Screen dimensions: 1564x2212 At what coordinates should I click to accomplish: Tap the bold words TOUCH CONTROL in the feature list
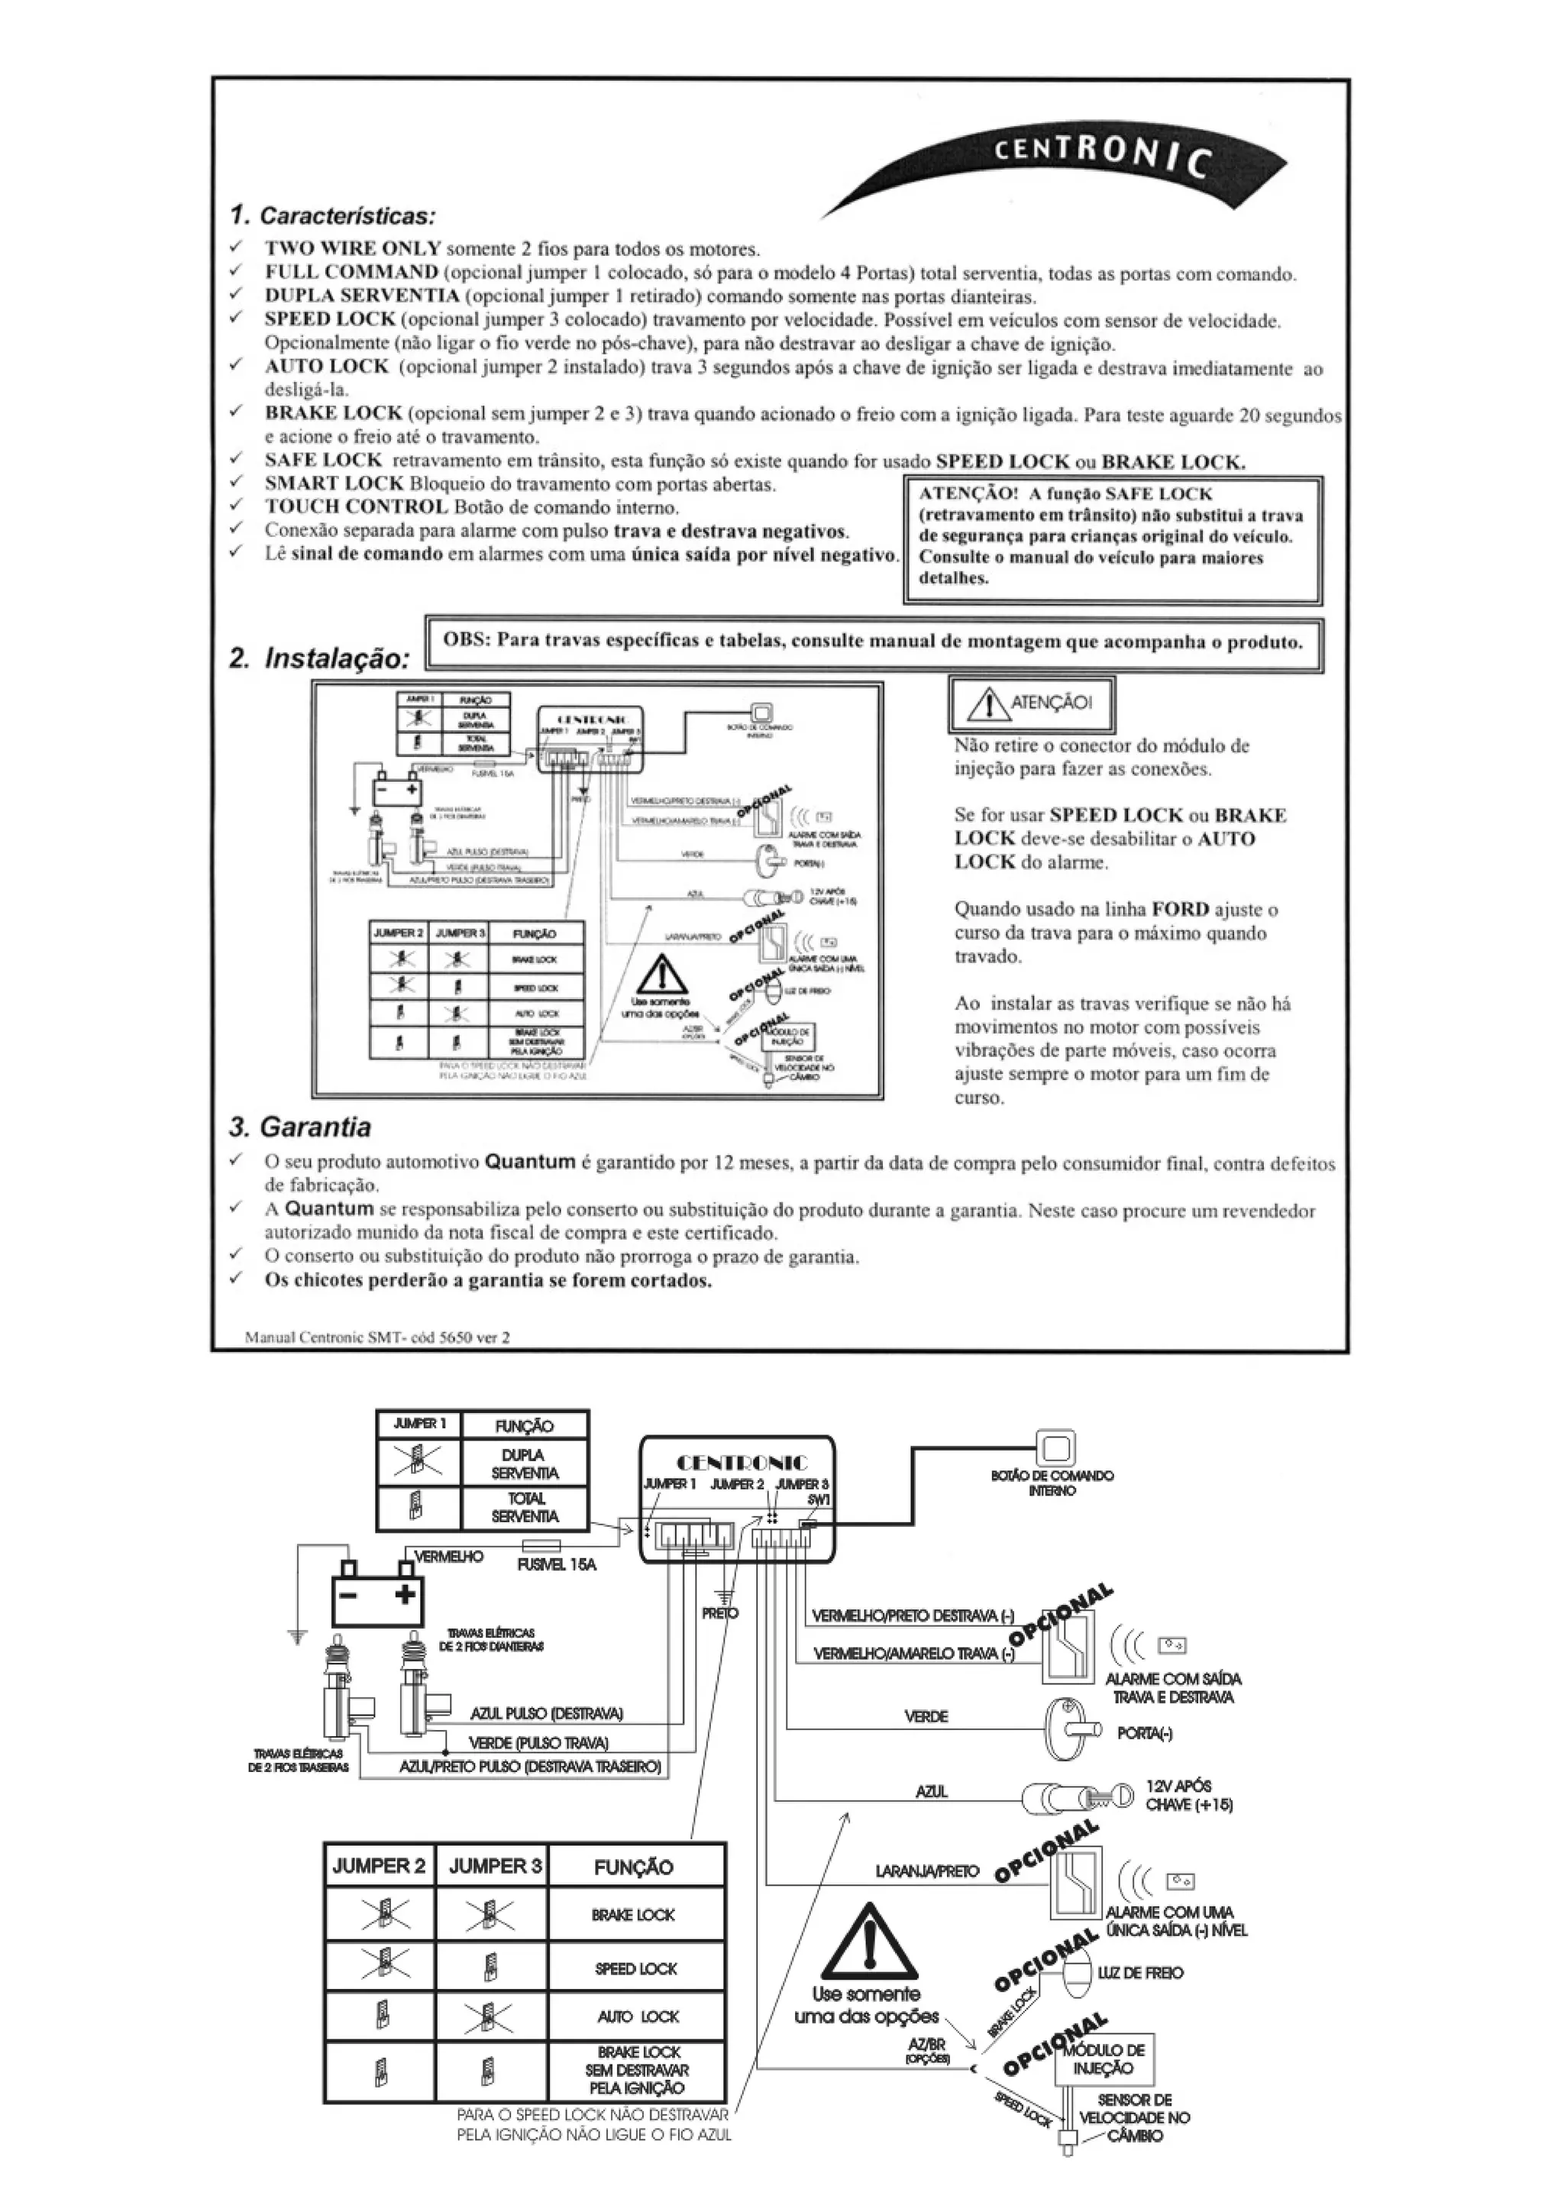357,506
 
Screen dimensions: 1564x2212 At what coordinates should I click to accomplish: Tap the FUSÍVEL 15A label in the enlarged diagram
556,1564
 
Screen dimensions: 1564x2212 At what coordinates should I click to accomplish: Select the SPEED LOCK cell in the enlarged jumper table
635,1968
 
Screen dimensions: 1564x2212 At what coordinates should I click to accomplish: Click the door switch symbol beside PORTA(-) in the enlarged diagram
1070,1729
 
